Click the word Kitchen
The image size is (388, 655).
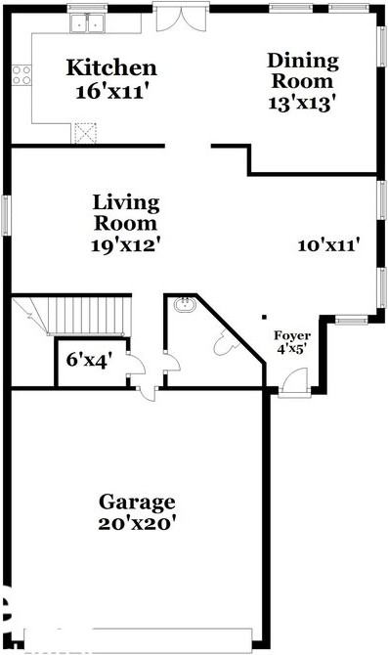click(110, 68)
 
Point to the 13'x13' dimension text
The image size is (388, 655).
click(303, 102)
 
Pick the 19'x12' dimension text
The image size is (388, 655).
click(126, 245)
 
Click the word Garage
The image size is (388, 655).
click(137, 502)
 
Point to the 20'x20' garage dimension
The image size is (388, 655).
click(137, 523)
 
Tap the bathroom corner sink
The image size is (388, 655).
click(184, 306)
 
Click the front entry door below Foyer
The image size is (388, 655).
click(291, 385)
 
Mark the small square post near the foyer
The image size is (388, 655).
click(266, 316)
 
